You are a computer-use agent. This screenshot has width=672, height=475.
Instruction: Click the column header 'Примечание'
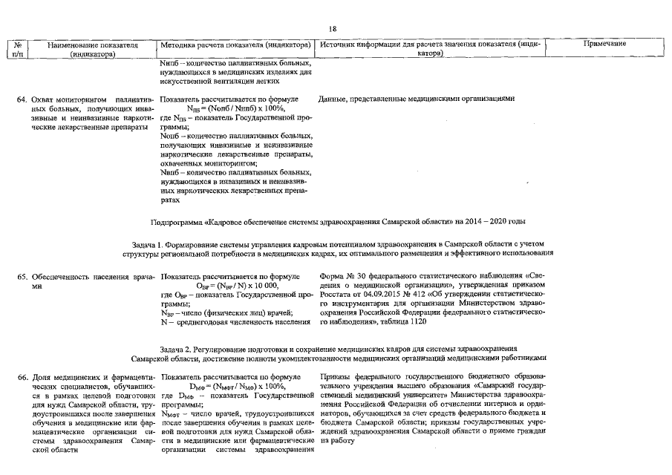point(605,45)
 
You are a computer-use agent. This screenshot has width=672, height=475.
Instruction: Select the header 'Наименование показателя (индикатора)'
point(93,49)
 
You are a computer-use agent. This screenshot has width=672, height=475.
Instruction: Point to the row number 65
point(22,276)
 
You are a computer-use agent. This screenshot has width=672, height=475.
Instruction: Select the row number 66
point(22,377)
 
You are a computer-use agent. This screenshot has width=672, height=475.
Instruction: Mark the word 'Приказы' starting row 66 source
point(336,377)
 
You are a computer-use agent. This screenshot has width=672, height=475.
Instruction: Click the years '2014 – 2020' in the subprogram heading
point(487,221)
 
